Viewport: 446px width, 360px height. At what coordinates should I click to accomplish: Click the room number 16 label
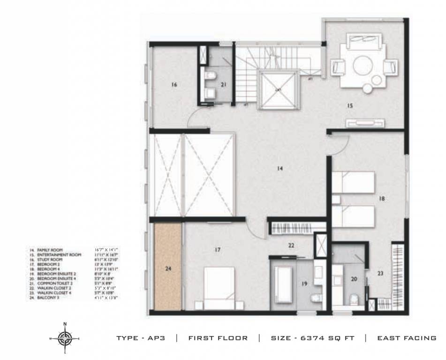click(x=174, y=85)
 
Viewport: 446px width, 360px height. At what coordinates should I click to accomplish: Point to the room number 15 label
click(x=349, y=106)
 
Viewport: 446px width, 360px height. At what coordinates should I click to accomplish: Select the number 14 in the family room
click(x=280, y=168)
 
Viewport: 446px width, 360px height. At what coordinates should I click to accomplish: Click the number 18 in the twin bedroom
click(x=382, y=199)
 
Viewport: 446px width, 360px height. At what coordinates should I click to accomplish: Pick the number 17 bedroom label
click(x=217, y=250)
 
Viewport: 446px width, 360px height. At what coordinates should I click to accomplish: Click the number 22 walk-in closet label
click(x=291, y=245)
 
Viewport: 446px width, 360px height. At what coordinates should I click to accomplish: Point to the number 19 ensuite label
click(x=303, y=283)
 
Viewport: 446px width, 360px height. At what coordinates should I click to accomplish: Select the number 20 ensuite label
click(x=354, y=278)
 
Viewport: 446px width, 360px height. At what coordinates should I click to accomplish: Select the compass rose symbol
click(x=65, y=337)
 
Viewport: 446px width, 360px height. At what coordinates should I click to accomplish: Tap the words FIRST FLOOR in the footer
click(x=218, y=338)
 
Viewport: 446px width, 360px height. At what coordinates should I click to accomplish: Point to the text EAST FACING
click(x=407, y=338)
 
